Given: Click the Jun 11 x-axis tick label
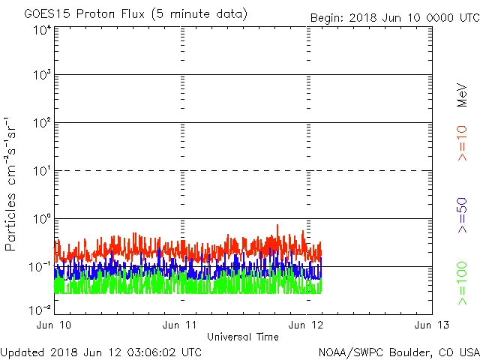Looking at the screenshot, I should click(x=181, y=325).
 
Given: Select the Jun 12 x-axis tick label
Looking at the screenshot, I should click(x=307, y=325).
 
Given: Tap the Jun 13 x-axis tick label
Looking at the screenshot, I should click(x=432, y=325).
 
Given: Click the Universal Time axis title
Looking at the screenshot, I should click(x=243, y=337).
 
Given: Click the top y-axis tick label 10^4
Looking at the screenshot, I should click(x=42, y=30).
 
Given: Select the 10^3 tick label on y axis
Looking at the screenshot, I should click(x=42, y=76).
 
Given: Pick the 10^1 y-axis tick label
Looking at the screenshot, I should click(x=42, y=171).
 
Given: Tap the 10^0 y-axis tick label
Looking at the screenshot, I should click(x=42, y=219).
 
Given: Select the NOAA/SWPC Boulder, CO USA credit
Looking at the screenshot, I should click(x=398, y=351).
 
